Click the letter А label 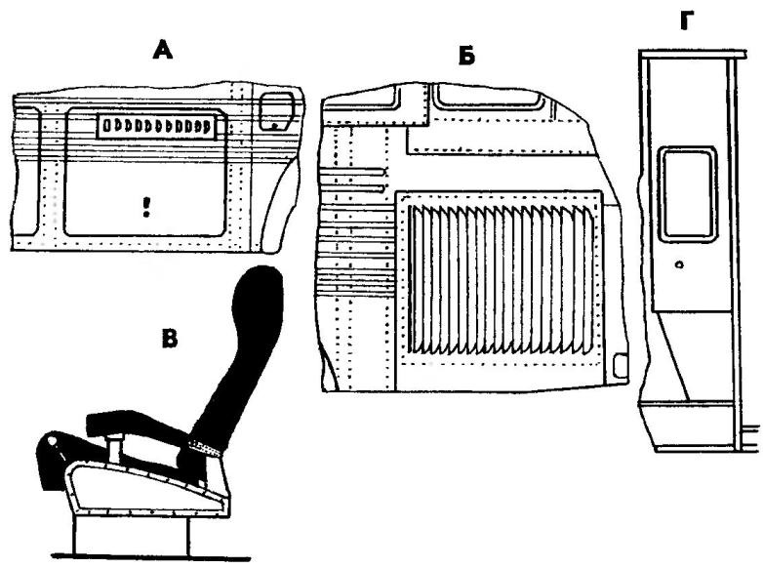click(163, 51)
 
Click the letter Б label click(466, 57)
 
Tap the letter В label click(170, 339)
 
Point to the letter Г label click(687, 20)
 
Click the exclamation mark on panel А click(146, 207)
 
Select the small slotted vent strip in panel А click(157, 126)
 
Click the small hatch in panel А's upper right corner click(276, 111)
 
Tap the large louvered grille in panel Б click(502, 279)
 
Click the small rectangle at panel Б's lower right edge click(620, 366)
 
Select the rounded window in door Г click(688, 192)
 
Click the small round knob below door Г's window click(680, 264)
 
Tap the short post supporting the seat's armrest click(115, 449)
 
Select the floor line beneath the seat click(151, 557)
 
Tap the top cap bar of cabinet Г click(693, 54)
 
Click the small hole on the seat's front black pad click(52, 440)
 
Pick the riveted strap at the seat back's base click(204, 448)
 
